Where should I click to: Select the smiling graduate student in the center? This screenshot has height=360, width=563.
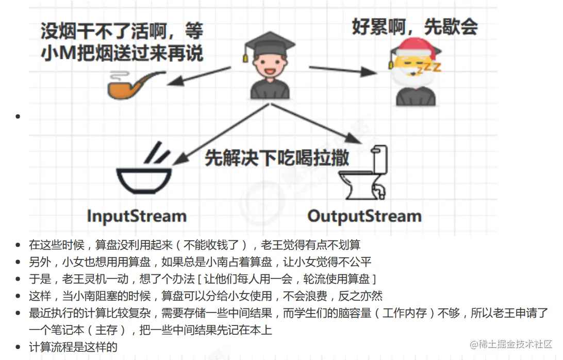[268, 70]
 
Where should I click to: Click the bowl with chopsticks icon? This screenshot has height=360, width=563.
[145, 172]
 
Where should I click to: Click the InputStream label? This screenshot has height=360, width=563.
[137, 215]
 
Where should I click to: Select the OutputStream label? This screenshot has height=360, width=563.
[364, 216]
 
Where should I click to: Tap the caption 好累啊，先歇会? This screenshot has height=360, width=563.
[415, 26]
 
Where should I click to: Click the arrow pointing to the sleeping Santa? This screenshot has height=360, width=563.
[343, 71]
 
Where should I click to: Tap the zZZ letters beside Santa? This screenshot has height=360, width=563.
[429, 67]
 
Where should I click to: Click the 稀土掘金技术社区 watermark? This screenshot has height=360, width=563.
[511, 344]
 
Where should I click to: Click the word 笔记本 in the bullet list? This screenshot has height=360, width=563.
[59, 330]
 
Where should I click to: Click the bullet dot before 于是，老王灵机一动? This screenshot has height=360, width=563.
[19, 280]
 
